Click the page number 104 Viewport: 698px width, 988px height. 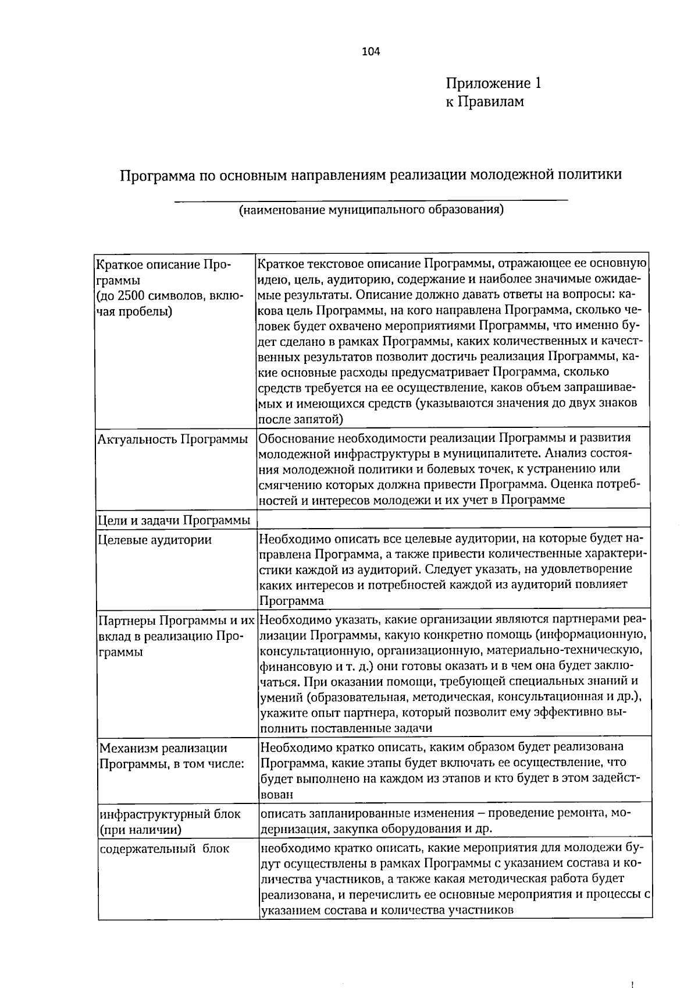click(x=370, y=52)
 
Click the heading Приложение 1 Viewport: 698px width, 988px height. click(x=493, y=84)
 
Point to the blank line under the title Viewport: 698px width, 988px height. click(x=371, y=200)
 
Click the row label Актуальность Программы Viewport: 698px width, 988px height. click(x=173, y=440)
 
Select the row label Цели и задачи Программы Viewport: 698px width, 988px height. click(x=174, y=519)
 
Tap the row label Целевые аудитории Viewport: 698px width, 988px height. click(x=155, y=540)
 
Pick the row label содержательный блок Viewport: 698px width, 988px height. click(x=164, y=848)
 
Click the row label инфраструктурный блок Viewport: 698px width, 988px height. click(x=169, y=813)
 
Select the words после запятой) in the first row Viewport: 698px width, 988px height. click(x=300, y=419)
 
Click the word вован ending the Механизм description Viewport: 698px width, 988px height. click(x=276, y=794)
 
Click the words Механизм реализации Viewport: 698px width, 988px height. click(x=163, y=748)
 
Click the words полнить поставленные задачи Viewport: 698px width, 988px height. click(x=346, y=728)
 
